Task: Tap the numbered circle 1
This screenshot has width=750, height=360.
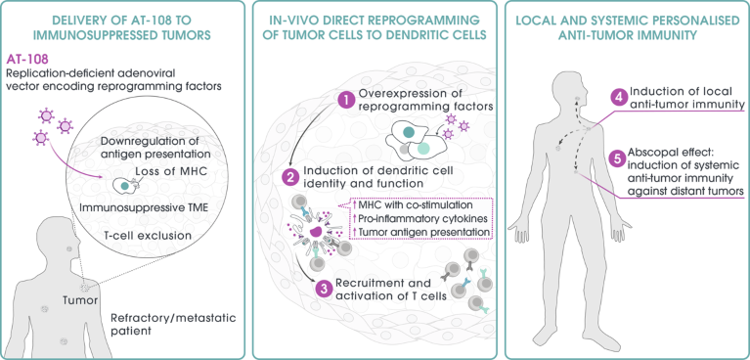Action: point(343,98)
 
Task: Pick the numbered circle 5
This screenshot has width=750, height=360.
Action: point(617,156)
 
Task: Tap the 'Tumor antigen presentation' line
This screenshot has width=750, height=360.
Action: point(422,233)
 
